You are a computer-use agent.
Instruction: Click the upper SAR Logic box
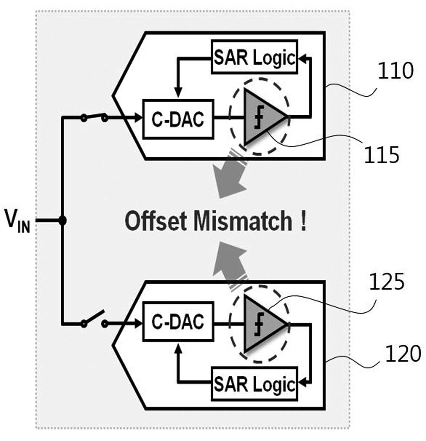coord(254,57)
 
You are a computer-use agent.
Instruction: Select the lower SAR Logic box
coord(254,384)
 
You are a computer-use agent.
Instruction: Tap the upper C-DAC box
coord(178,119)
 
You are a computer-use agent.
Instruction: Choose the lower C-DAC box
coord(178,321)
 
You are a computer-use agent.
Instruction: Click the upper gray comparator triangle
coord(262,117)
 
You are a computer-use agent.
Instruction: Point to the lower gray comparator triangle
coord(262,323)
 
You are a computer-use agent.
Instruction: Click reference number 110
coord(395,71)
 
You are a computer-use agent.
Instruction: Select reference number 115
coord(381,155)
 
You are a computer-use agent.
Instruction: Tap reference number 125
coord(387,282)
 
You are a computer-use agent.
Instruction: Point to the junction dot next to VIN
coord(63,220)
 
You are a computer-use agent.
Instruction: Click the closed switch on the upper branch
coord(94,117)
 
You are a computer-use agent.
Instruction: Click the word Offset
coord(156,221)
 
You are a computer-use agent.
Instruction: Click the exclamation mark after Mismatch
coord(303,221)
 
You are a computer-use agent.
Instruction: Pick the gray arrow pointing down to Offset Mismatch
coord(231,175)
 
